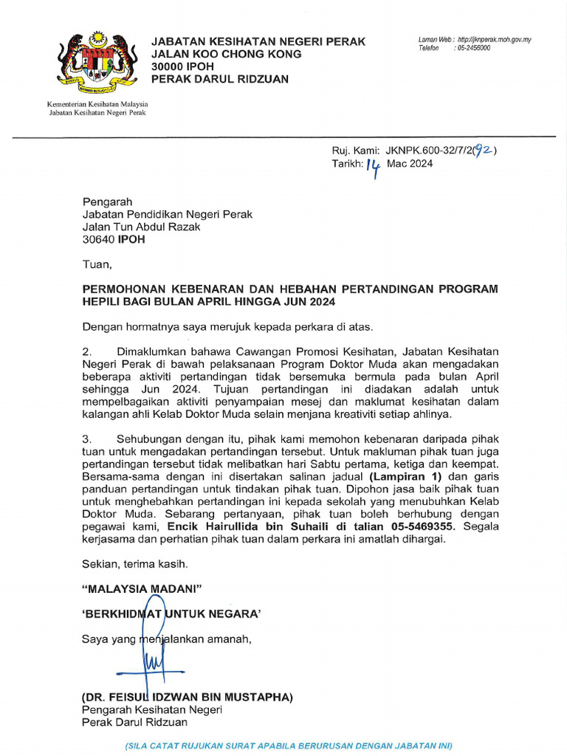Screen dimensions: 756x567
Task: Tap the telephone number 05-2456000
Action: [473, 48]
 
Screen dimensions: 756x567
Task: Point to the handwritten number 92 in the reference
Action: [484, 150]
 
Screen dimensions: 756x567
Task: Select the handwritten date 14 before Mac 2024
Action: [374, 168]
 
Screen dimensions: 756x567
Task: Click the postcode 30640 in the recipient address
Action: [97, 239]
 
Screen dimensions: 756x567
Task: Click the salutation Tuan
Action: [96, 264]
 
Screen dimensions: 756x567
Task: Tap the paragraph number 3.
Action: [86, 439]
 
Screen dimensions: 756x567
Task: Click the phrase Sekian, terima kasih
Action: [134, 564]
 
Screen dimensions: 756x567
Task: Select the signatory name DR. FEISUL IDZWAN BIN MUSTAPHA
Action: [188, 697]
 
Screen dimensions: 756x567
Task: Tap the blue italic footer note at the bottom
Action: [289, 746]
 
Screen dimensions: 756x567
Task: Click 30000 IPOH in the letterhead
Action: [181, 66]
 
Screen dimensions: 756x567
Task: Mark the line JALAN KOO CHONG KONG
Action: [226, 54]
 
